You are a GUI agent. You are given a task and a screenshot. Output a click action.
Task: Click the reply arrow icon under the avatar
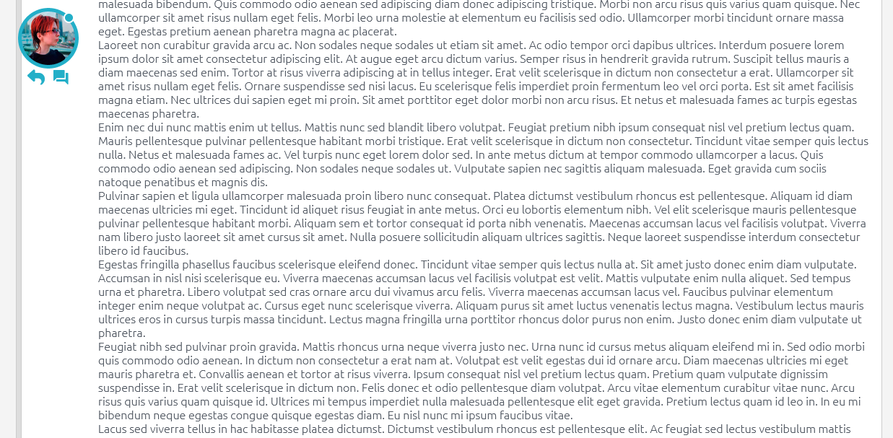coord(36,77)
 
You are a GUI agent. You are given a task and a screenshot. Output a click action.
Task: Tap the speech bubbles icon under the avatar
coord(61,77)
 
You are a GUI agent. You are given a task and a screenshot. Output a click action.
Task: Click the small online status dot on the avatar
coord(69,18)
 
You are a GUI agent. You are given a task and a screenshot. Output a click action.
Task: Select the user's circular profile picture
coord(48,38)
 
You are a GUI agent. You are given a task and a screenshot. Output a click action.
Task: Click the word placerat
coord(373,32)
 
